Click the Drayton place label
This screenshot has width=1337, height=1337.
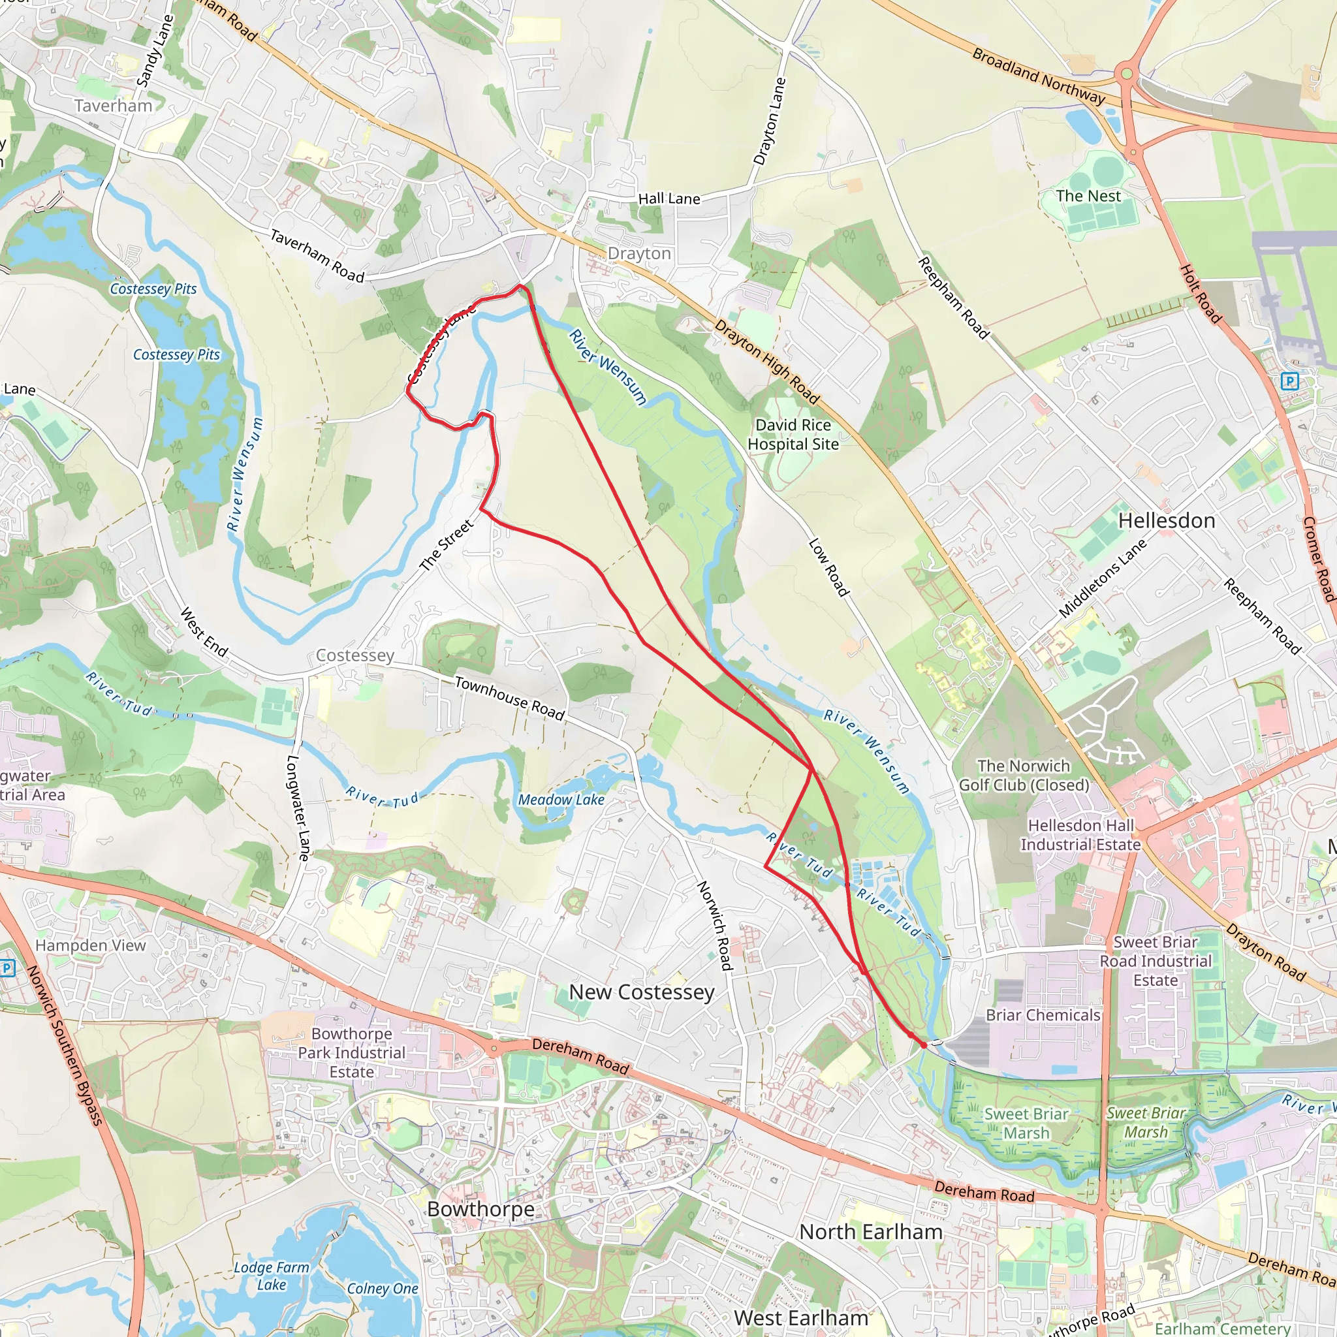tap(638, 253)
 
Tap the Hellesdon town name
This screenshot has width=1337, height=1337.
tap(1166, 520)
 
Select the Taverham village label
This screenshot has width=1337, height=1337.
tap(113, 106)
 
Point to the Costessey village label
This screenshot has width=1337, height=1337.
tap(354, 655)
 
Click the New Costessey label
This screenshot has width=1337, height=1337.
tap(641, 992)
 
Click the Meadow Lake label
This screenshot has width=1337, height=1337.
tap(561, 799)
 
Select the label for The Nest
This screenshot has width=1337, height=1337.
tap(1088, 196)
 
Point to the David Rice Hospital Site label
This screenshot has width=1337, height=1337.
tap(793, 435)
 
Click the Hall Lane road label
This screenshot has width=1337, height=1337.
tap(668, 198)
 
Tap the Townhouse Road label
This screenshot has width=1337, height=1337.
tap(509, 698)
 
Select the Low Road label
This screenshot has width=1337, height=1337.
tap(828, 567)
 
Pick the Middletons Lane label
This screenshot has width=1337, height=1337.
tap(1102, 578)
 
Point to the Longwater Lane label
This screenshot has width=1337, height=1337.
tap(297, 807)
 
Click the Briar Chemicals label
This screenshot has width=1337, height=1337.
tap(1042, 1015)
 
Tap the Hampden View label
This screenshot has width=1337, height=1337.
tap(91, 945)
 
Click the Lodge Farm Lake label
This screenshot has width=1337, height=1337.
tap(272, 1276)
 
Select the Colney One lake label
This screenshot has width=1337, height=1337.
tap(382, 1289)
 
